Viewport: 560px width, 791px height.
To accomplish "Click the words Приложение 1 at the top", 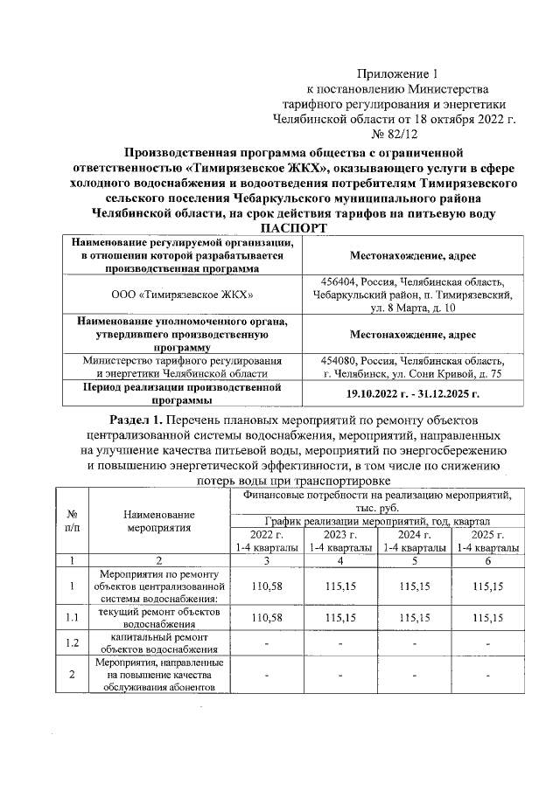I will [x=397, y=73].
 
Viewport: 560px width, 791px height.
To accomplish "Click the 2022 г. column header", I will [x=267, y=534].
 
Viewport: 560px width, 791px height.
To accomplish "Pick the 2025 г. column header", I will [x=487, y=534].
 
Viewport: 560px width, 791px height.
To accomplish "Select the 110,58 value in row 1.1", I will [x=267, y=618].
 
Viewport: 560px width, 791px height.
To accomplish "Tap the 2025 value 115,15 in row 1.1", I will [x=487, y=618].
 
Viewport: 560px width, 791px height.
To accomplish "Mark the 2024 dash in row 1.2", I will [x=414, y=645].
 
